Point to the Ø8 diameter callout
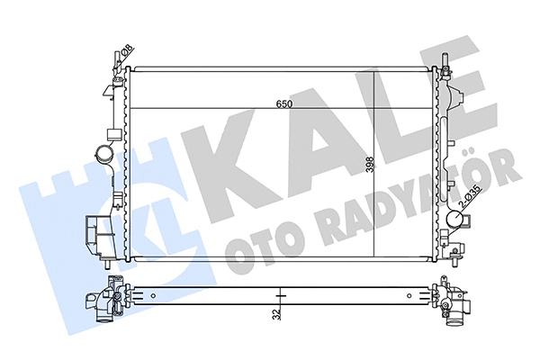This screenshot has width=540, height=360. (x=127, y=52)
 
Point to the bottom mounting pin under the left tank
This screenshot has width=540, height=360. (x=109, y=265)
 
